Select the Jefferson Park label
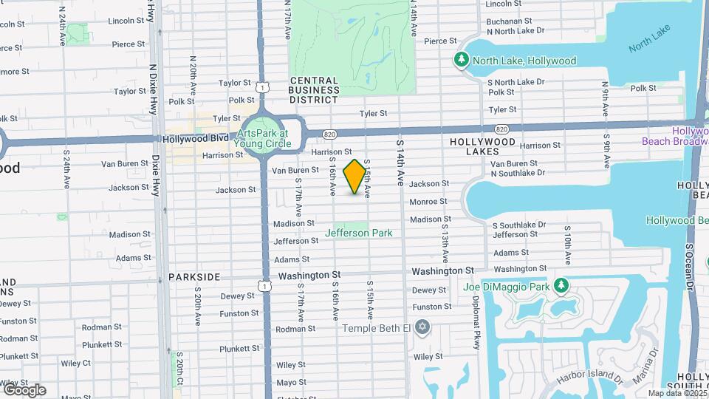click(359, 233)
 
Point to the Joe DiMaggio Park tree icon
click(561, 285)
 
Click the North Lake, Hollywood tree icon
click(462, 59)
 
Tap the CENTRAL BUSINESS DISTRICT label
click(315, 89)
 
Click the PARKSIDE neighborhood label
click(194, 276)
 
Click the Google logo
click(24, 389)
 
